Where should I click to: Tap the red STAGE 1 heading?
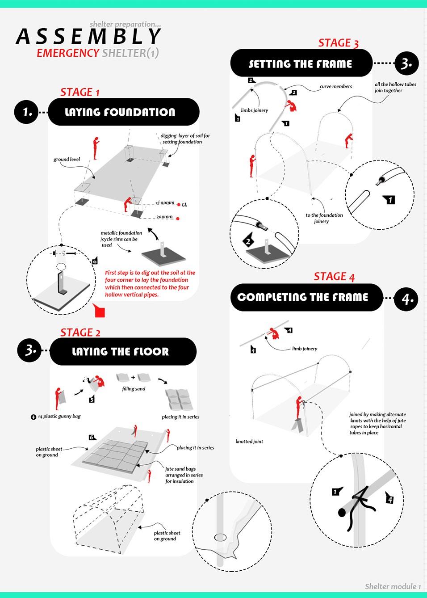point(80,93)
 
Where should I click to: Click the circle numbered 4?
point(406,298)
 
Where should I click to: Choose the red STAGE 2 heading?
point(80,333)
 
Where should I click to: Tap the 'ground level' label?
point(67,160)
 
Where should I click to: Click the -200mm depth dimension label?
point(164,217)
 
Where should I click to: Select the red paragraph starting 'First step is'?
point(150,283)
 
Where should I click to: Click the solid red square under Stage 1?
point(100,312)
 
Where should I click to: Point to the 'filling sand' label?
point(134,389)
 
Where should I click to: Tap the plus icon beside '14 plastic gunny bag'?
point(33,417)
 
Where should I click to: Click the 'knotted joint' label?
point(249,442)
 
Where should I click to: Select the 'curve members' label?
point(335,87)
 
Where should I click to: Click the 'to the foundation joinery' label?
point(324,218)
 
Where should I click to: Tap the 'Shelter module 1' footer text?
point(393,586)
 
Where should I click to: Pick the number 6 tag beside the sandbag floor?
point(92,437)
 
